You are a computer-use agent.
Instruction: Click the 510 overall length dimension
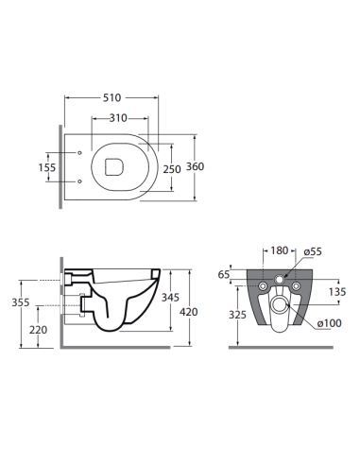coord(112,97)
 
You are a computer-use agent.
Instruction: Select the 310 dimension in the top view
coord(118,118)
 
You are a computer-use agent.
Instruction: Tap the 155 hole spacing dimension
coord(47,167)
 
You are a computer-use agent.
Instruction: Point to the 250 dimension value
coord(172,169)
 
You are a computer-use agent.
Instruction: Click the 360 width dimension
coord(195,166)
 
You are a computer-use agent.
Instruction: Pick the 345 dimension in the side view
coord(170,297)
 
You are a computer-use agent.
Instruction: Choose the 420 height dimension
coord(189,312)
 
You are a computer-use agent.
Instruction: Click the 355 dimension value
coord(21,302)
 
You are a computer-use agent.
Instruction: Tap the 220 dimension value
coord(38,330)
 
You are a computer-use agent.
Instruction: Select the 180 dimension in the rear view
coord(280,250)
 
